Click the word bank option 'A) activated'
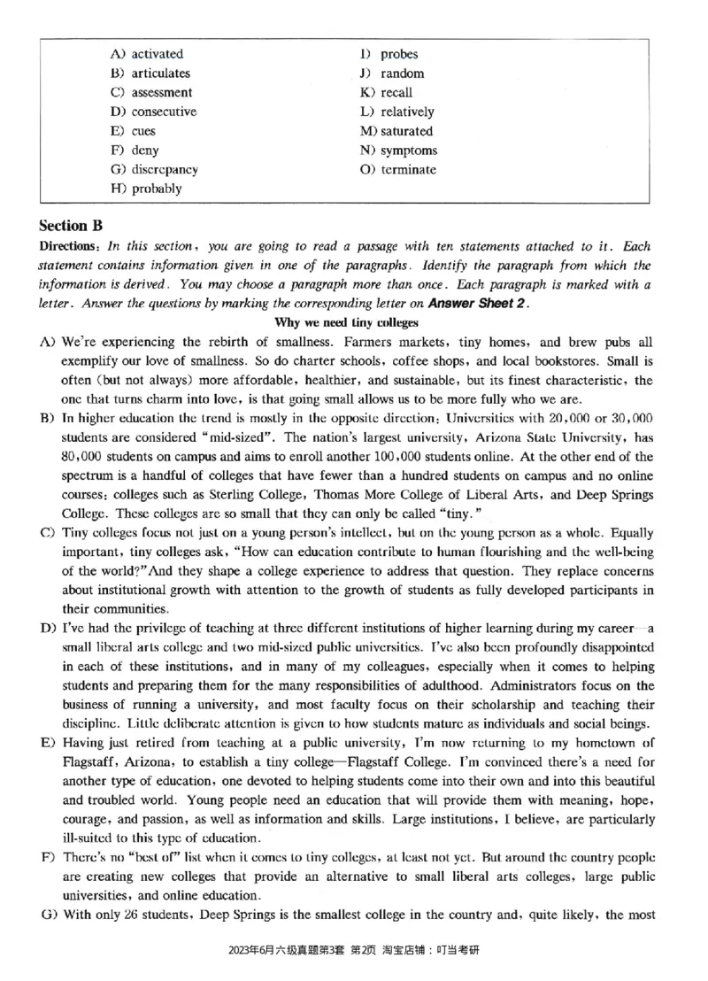coord(147,54)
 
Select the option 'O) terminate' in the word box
coord(397,169)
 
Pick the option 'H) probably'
coord(146,189)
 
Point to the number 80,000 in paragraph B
coord(81,456)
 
